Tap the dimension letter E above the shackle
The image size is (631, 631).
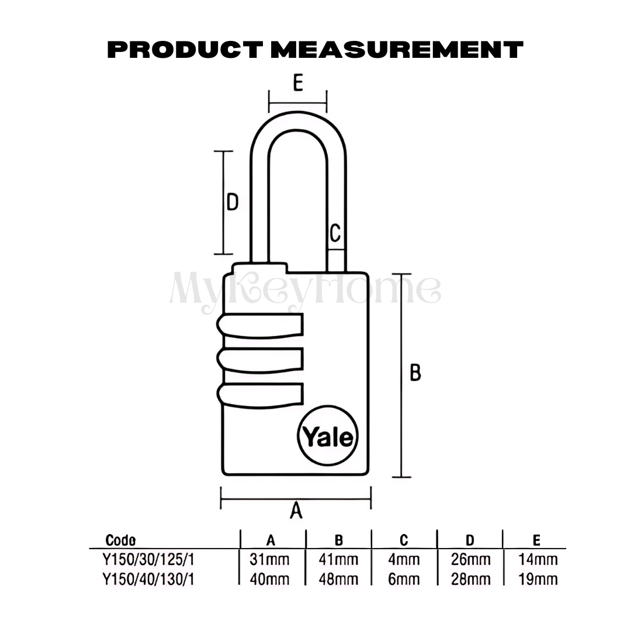click(x=297, y=84)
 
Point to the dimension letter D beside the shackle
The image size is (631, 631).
click(x=233, y=202)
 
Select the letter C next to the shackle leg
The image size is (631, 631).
click(x=335, y=233)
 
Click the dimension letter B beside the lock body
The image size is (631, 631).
click(x=415, y=372)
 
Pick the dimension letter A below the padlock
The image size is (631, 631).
click(x=296, y=511)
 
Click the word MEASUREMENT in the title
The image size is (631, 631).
click(x=397, y=50)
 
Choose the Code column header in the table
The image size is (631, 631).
click(x=120, y=540)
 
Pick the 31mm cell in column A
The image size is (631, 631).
click(x=269, y=560)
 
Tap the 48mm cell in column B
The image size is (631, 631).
click(x=338, y=579)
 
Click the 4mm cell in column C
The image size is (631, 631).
click(x=404, y=560)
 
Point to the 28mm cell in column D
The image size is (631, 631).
click(x=470, y=579)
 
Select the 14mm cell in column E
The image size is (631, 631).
click(x=538, y=560)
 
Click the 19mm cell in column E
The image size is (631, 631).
click(x=538, y=579)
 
